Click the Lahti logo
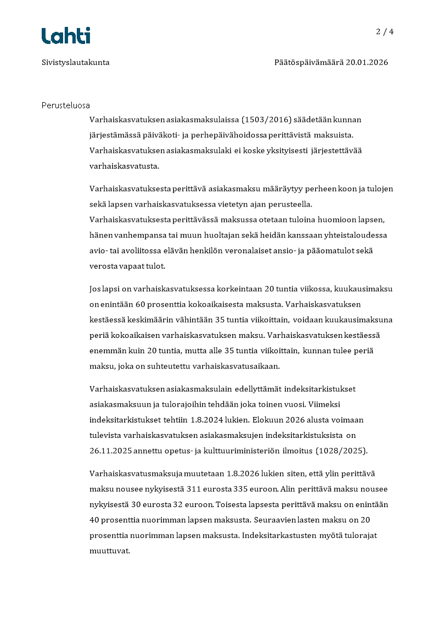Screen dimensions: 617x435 (x=66, y=36)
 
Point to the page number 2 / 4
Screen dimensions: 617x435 (x=385, y=32)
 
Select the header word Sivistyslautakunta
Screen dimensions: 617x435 (x=76, y=63)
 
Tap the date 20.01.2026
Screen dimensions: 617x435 (x=366, y=63)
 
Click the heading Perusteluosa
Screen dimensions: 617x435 (x=65, y=105)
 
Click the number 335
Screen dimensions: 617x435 (x=242, y=489)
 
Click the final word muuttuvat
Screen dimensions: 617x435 (x=109, y=551)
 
